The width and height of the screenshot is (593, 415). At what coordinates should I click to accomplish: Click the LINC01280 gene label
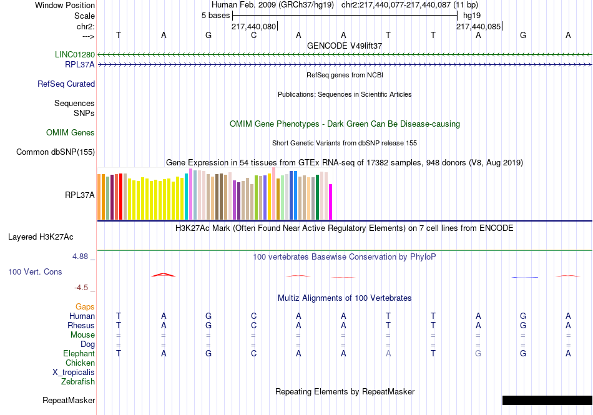tap(75, 55)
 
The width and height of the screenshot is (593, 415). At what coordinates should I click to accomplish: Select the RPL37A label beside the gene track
tap(79, 64)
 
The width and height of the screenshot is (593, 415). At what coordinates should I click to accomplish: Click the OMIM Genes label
tap(71, 133)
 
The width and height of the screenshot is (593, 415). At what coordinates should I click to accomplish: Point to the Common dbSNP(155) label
tap(56, 152)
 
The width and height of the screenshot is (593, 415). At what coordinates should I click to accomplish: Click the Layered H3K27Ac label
tap(41, 237)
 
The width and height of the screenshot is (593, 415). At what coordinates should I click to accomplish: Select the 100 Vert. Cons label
tap(35, 272)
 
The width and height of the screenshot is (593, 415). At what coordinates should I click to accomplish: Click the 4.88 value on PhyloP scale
tap(81, 256)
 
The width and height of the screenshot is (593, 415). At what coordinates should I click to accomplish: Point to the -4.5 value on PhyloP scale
tap(81, 288)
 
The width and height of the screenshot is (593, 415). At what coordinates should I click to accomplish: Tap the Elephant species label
tap(79, 354)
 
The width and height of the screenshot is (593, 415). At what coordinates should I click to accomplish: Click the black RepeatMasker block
tap(547, 400)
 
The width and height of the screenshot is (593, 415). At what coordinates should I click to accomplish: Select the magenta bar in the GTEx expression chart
tap(331, 202)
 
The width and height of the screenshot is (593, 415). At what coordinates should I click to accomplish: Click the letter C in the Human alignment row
tap(253, 316)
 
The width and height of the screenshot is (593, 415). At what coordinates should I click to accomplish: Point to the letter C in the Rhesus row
tap(253, 326)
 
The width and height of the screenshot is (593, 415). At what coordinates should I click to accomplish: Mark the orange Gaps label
tap(85, 307)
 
